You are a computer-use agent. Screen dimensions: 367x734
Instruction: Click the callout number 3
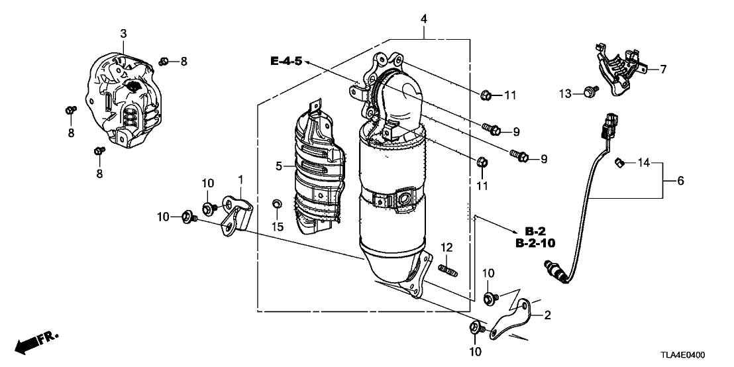[x=123, y=33]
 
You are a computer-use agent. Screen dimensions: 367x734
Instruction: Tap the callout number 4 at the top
[x=424, y=19]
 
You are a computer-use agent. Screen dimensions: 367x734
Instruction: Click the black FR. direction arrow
[x=28, y=344]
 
